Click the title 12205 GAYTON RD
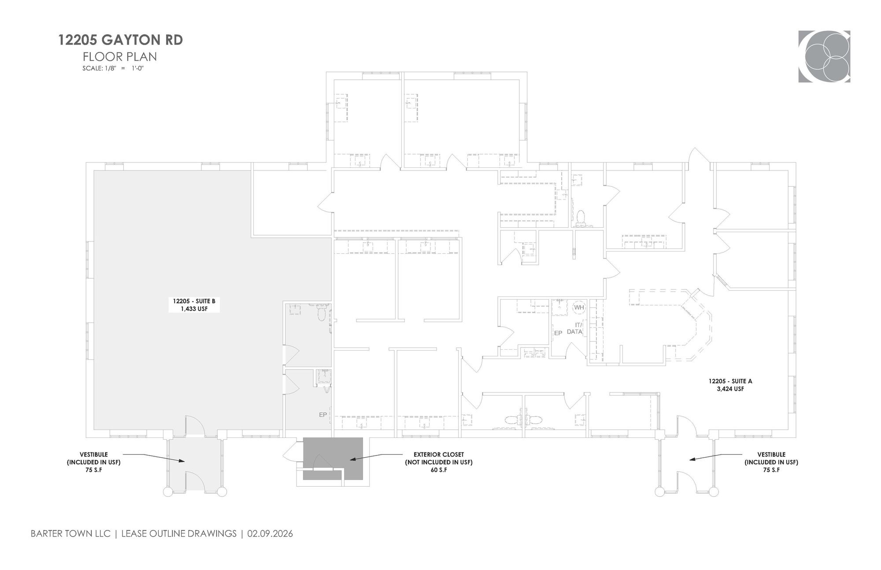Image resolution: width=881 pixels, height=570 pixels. (x=120, y=40)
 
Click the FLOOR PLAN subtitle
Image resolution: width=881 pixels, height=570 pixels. (x=120, y=57)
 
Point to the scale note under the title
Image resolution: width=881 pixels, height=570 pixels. (x=113, y=68)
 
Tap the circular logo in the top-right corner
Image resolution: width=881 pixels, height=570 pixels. (x=824, y=56)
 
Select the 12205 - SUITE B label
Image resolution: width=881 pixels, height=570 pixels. (x=194, y=301)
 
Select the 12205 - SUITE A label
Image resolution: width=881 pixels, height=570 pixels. (x=730, y=381)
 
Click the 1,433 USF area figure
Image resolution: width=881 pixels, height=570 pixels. (x=194, y=309)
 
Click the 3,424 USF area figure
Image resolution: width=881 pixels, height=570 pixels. (x=730, y=389)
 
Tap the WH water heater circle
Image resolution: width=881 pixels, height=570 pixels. (x=579, y=307)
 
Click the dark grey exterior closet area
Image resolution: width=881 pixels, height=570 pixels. (x=333, y=459)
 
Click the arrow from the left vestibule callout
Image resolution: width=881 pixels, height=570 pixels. (x=154, y=458)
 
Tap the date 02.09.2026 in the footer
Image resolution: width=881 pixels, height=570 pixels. (x=270, y=533)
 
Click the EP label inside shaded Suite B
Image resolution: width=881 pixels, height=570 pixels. (x=323, y=415)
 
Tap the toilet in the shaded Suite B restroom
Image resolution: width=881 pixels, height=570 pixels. (x=321, y=313)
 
